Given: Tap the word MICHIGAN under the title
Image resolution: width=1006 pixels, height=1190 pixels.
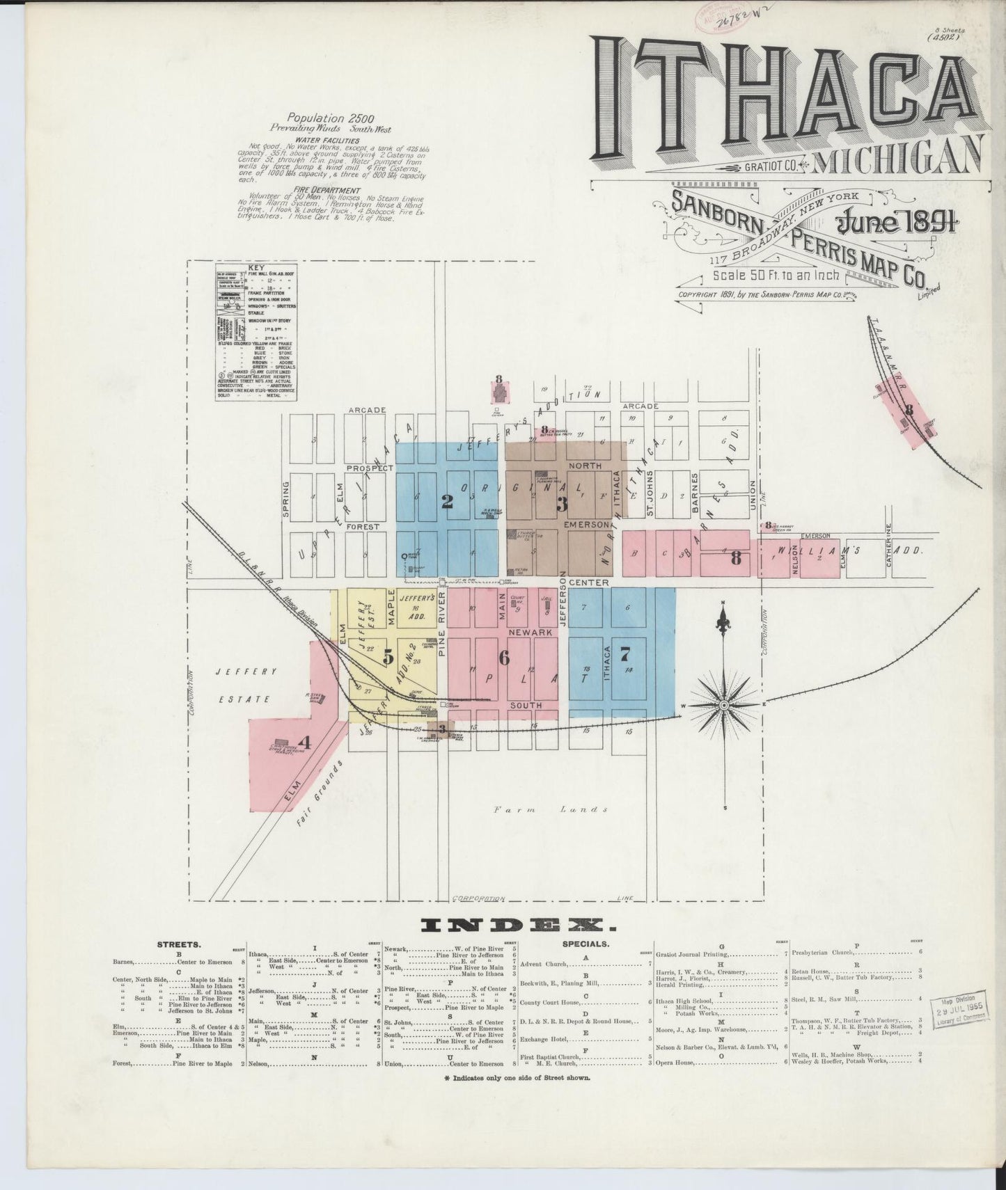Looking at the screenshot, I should pos(899,161).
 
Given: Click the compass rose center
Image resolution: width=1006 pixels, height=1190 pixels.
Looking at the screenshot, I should pos(724,705).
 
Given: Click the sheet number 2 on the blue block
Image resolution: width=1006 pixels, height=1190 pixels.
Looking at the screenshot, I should pos(448,501).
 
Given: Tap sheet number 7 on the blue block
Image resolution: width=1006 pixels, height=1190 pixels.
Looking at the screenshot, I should pos(624,653).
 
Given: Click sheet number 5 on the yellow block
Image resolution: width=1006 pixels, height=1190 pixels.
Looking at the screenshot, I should pos(388,656).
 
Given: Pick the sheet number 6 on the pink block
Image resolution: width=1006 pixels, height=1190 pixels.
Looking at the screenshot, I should pos(503,657).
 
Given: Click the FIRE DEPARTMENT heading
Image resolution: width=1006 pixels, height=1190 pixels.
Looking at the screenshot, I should pos(336,190).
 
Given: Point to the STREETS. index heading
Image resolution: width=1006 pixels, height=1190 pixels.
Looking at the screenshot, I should pos(179,945).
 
